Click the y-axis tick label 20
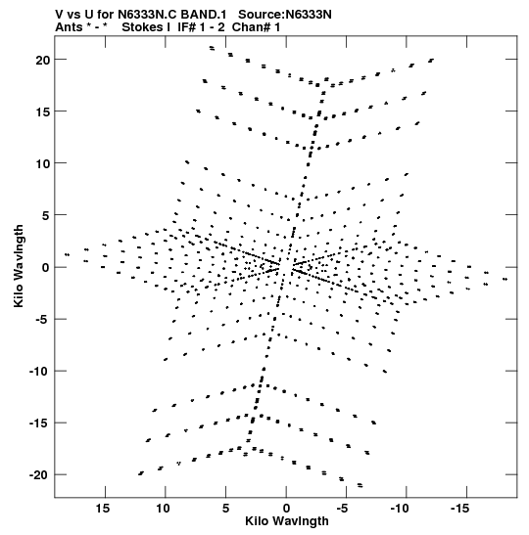pos(42,60)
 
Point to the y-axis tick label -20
pos(39,475)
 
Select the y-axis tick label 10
pos(42,163)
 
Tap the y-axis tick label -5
pos(43,320)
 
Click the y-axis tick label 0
pos(46,268)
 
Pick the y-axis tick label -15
pos(39,424)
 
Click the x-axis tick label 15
pos(103,509)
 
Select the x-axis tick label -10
pos(400,509)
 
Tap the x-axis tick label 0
pos(286,509)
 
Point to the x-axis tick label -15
pos(459,509)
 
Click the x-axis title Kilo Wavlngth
pos(287,521)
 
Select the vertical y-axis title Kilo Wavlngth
pos(19,266)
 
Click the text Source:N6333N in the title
pos(285,15)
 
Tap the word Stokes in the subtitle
pos(143,27)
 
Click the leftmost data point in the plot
pos(68,254)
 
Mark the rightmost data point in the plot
pos(505,279)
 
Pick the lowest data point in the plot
pos(360,485)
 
